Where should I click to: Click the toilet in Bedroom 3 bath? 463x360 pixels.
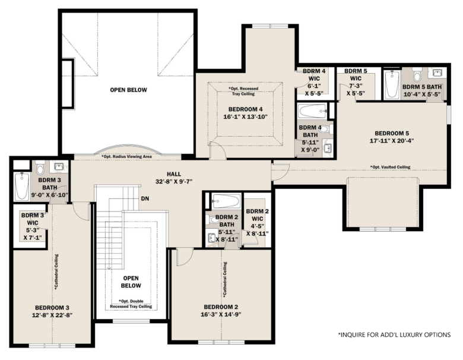[x=40, y=168]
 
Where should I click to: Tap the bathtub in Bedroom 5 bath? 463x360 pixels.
[x=392, y=84]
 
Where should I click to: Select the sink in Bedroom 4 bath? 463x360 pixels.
[x=327, y=147]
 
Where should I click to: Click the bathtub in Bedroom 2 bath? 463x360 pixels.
[x=226, y=201]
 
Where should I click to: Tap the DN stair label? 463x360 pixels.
[x=145, y=198]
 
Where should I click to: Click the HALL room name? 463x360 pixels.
[x=174, y=174]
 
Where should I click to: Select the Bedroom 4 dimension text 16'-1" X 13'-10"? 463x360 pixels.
[x=245, y=117]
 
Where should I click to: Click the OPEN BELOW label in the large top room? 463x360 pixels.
[x=128, y=90]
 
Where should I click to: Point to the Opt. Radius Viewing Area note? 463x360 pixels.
[x=126, y=156]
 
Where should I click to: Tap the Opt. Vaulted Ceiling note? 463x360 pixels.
[x=390, y=167]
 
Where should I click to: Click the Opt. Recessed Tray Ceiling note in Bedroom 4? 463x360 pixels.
[x=243, y=91]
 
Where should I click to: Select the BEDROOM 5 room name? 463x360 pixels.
[x=392, y=133]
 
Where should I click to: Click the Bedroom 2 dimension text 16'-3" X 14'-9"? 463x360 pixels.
[x=221, y=314]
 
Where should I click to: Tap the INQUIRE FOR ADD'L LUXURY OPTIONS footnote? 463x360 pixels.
[x=394, y=335]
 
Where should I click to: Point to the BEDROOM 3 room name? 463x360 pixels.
[x=52, y=308]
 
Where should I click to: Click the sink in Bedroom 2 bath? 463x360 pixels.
[x=211, y=238]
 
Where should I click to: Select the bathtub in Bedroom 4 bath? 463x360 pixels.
[x=312, y=112]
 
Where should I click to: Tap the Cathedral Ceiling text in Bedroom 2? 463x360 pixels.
[x=225, y=279]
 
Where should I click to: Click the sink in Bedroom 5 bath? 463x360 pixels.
[x=437, y=73]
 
